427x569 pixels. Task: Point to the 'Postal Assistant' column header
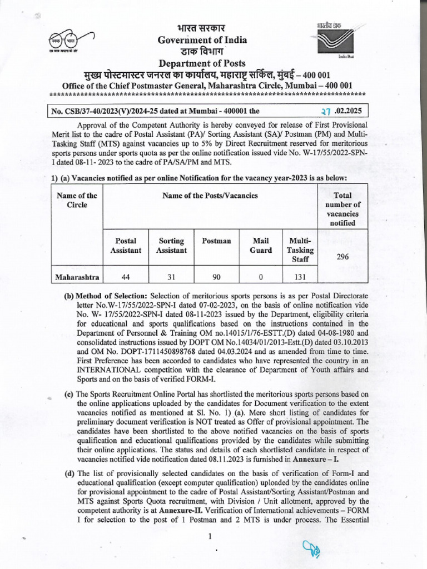pyautogui.click(x=125, y=246)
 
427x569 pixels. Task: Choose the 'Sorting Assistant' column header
pyautogui.click(x=171, y=246)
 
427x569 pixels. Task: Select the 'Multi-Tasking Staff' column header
pyautogui.click(x=300, y=250)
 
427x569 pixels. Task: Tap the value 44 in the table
pyautogui.click(x=125, y=276)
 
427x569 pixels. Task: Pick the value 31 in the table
pyautogui.click(x=171, y=276)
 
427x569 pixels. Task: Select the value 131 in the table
pyautogui.click(x=300, y=276)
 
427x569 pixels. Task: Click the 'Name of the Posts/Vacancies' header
pyautogui.click(x=210, y=195)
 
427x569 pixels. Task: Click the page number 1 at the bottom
pyautogui.click(x=210, y=537)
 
